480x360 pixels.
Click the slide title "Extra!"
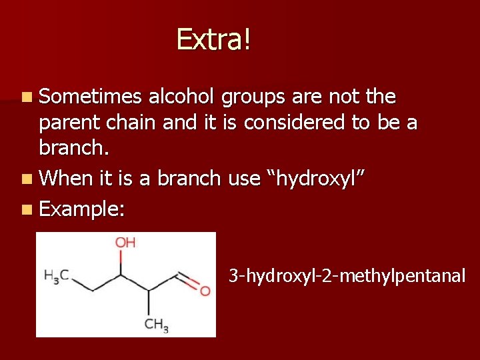214,39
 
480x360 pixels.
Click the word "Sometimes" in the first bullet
91,97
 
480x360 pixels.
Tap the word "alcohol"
181,97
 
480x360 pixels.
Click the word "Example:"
82,209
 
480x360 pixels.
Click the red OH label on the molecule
125,242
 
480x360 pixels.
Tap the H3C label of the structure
56,275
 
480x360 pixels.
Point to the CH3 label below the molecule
156,325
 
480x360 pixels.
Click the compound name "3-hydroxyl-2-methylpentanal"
347,275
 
